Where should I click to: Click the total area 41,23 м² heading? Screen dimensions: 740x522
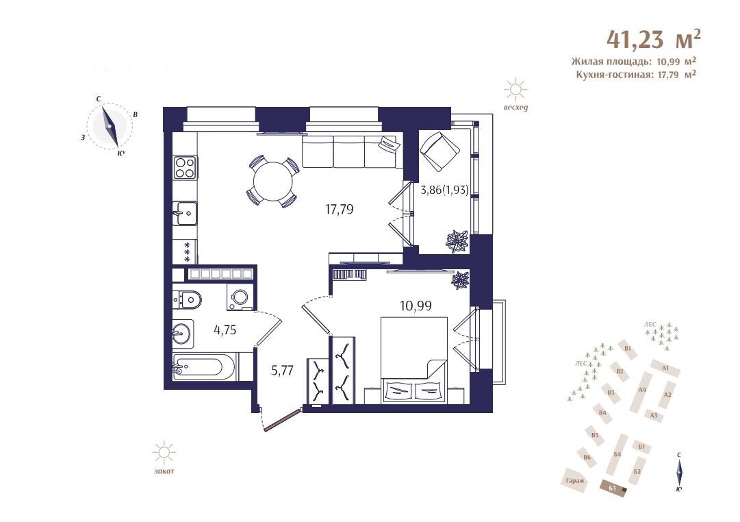click(x=653, y=39)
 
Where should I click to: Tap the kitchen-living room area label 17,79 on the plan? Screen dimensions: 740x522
click(x=340, y=209)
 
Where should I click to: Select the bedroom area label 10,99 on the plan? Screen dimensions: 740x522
click(x=416, y=306)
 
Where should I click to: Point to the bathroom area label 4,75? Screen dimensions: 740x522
click(x=225, y=330)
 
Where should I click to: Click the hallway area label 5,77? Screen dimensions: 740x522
click(x=282, y=371)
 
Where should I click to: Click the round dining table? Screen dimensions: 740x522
click(x=272, y=182)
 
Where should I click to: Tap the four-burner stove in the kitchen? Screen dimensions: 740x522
click(x=185, y=167)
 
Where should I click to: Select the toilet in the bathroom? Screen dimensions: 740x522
click(x=188, y=299)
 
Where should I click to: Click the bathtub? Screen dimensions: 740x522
click(x=204, y=366)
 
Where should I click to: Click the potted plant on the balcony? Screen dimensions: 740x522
click(x=457, y=241)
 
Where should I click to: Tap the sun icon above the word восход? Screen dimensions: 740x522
click(x=515, y=89)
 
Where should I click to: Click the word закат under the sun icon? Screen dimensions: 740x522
click(x=164, y=471)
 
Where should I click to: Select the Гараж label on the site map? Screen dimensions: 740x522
click(x=575, y=481)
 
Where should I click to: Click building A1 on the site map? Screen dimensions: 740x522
click(x=665, y=368)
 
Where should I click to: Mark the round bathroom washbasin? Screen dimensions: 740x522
click(x=181, y=334)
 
